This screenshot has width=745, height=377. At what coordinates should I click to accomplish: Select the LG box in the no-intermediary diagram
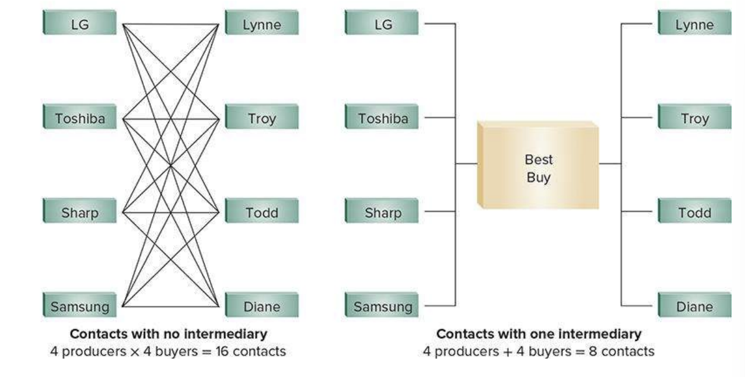pos(80,24)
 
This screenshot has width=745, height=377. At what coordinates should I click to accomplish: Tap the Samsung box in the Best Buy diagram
pos(382,306)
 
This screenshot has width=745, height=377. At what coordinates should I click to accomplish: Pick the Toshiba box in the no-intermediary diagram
pos(80,118)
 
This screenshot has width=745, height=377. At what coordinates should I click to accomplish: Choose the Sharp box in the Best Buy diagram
pos(382,213)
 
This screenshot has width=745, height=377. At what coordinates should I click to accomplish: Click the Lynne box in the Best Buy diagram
pos(694,24)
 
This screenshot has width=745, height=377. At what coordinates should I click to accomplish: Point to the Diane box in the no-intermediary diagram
pos(262,306)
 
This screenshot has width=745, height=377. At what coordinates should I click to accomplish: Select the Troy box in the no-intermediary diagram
pos(262,118)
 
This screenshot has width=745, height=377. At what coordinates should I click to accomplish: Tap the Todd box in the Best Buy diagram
pos(694,213)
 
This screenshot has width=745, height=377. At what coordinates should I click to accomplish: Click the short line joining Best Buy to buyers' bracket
pos(609,163)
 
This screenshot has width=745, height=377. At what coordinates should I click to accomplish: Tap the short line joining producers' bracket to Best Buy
pos(466,163)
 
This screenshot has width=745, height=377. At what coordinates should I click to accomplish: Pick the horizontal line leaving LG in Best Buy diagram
pos(440,24)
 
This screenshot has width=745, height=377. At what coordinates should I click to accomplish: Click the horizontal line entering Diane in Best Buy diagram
pos(639,306)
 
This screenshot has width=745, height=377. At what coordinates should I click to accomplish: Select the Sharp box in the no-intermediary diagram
pos(80,213)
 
